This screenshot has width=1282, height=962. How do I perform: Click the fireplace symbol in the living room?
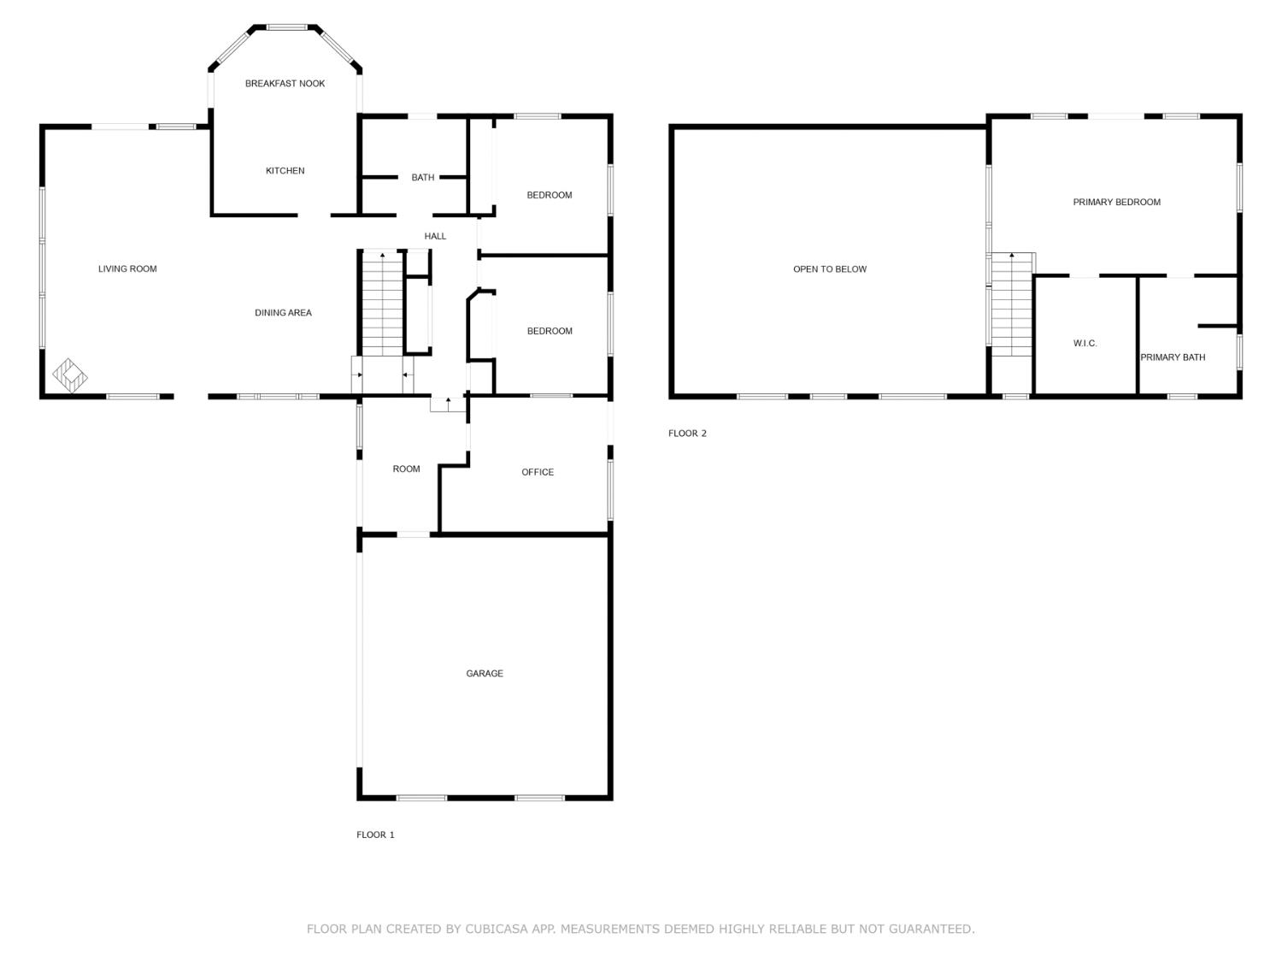(70, 375)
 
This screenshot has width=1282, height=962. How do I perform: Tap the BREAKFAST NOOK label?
(285, 84)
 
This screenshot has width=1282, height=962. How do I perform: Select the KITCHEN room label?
(285, 171)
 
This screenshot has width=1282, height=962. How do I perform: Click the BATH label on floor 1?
(423, 178)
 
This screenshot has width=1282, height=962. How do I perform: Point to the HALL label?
(435, 236)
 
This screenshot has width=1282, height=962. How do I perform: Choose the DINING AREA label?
(283, 313)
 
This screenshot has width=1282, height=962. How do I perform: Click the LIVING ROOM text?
(127, 269)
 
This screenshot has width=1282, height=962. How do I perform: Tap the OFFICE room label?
(538, 472)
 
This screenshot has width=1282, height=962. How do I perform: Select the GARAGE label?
(485, 674)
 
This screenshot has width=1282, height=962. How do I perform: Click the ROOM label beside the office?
(406, 469)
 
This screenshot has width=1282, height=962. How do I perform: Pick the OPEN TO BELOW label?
(829, 269)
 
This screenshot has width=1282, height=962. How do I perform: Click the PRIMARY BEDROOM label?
(1116, 203)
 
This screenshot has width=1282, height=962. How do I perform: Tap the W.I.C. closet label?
(1085, 344)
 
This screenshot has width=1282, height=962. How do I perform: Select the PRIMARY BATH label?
(1173, 357)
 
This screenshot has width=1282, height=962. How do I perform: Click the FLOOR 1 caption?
(375, 835)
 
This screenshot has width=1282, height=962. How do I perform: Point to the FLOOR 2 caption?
(687, 434)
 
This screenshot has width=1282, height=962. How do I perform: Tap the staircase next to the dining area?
(381, 304)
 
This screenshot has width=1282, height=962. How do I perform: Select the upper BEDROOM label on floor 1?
(549, 195)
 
